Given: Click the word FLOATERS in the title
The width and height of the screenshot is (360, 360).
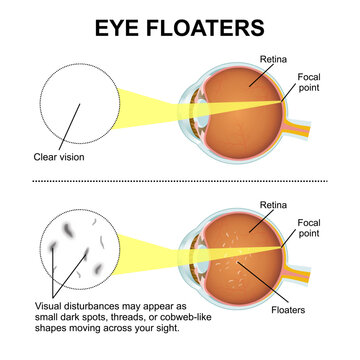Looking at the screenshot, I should point(210,27).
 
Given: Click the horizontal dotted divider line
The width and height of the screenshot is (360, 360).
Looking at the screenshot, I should point(180,181).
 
